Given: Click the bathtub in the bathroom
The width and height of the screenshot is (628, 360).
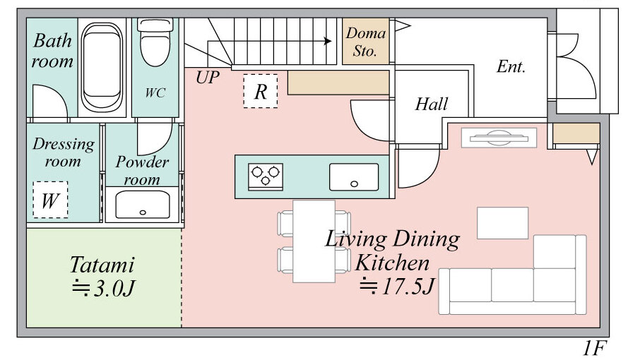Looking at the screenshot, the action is (102, 67).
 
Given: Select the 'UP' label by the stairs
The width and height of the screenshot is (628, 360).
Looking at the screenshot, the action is (208, 78).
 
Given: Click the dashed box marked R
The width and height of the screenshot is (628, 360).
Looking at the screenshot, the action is (261, 91).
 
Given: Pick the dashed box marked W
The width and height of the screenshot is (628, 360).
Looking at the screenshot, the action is (50, 200).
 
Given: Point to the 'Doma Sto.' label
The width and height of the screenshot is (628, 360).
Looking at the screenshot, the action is (365, 42).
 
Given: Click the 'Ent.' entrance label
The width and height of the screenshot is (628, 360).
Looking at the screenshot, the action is (511, 66).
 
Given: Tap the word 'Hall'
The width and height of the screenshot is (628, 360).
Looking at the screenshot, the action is (431, 104).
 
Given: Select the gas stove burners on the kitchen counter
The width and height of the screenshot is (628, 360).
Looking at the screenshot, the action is (265, 176).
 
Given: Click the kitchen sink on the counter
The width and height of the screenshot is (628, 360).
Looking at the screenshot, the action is (354, 176).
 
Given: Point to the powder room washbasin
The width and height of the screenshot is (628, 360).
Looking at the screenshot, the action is (142, 205).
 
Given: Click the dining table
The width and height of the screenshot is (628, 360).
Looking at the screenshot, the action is (314, 241).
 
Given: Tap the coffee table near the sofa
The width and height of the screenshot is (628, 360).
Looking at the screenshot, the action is (503, 223).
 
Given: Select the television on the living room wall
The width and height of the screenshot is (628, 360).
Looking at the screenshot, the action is (499, 138).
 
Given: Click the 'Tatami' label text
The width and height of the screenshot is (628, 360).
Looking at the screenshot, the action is (102, 265).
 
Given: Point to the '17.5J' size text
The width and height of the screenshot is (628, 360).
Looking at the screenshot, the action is (408, 287).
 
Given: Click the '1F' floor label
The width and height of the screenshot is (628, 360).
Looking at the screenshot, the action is (595, 348).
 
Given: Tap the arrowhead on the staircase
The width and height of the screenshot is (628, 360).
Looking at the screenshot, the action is (328, 41).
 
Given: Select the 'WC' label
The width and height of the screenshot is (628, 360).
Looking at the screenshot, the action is (155, 92).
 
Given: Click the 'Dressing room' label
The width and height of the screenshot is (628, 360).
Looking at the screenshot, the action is (64, 152).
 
